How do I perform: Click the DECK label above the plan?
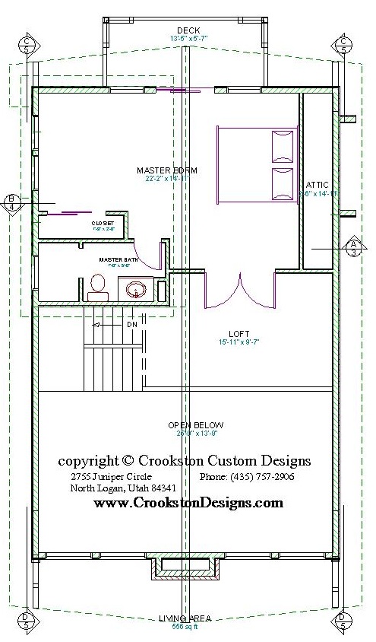[x=188, y=30]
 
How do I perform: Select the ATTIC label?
[x=317, y=185]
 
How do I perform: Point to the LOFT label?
[x=239, y=334]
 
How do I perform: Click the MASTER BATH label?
[x=112, y=259]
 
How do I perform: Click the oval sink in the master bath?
[x=136, y=289]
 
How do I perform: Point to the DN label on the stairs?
[x=131, y=325]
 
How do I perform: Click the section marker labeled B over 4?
[x=11, y=202]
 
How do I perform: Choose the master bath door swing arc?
[x=144, y=255]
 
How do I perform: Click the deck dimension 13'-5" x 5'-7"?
[x=188, y=38]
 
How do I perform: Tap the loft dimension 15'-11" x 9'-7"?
[x=239, y=342]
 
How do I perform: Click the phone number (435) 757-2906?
[x=247, y=477]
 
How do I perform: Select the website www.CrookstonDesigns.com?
[x=188, y=503]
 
